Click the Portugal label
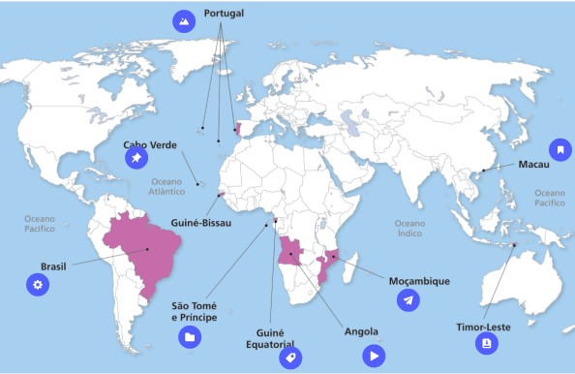click(x=224, y=15)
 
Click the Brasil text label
click(x=53, y=265)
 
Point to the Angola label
click(x=361, y=332)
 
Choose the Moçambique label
click(x=419, y=281)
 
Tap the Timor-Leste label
click(x=484, y=327)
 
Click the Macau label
click(x=533, y=165)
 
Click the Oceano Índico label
click(x=409, y=228)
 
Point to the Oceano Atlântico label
click(x=167, y=186)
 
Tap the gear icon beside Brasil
click(x=37, y=285)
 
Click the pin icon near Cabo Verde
click(x=136, y=158)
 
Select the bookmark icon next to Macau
click(x=559, y=150)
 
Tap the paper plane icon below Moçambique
click(x=409, y=301)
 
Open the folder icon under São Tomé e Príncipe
click(x=190, y=336)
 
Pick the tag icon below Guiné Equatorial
click(x=288, y=358)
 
